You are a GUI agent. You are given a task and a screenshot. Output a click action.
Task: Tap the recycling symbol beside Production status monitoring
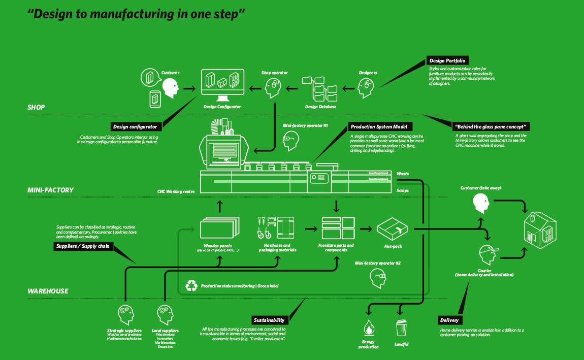tap(191, 286)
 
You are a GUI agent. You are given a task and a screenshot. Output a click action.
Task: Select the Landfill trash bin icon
tap(402, 328)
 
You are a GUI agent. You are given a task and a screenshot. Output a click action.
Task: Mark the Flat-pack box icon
tap(393, 229)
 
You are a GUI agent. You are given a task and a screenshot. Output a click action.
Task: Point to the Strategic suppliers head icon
tap(124, 313)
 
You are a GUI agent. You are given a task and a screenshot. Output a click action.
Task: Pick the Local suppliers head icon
tap(164, 313)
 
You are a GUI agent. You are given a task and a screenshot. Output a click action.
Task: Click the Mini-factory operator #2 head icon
tap(377, 278)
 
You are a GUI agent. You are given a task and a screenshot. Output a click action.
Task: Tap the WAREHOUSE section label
tap(48, 291)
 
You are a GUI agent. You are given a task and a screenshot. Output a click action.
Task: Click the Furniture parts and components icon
tap(338, 227)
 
